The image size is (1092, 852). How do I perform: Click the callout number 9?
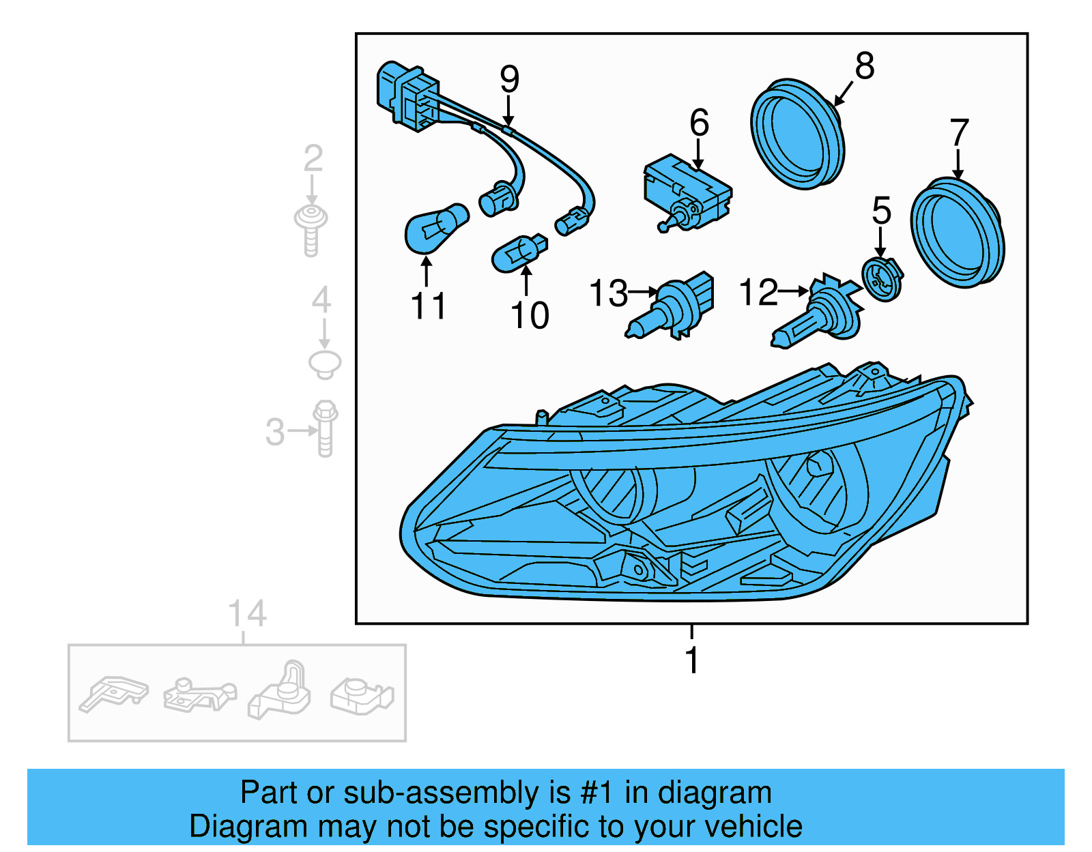[509, 78]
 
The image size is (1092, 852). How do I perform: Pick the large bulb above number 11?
[435, 227]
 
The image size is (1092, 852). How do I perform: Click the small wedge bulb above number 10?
[519, 254]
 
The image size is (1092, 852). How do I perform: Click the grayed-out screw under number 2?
[311, 229]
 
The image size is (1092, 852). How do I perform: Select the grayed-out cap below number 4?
[325, 364]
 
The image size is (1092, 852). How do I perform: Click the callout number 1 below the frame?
[691, 660]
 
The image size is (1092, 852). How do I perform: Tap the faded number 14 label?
[246, 614]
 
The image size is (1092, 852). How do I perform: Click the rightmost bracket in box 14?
[362, 696]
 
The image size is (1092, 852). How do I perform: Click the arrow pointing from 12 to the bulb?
[793, 291]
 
